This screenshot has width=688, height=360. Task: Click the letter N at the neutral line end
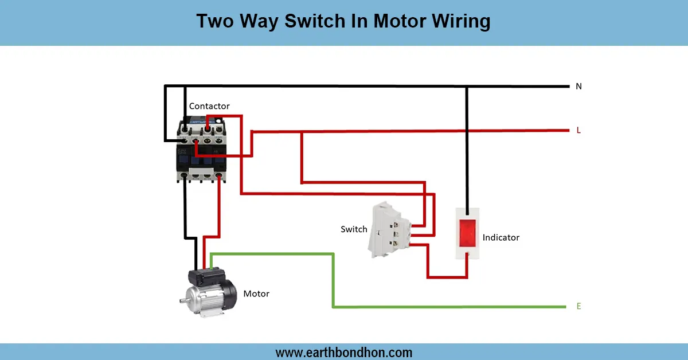[578, 87]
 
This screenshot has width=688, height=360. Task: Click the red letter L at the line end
[578, 130]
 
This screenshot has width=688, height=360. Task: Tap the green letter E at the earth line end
[578, 306]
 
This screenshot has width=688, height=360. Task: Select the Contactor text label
[209, 106]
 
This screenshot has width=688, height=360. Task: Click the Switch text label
[354, 229]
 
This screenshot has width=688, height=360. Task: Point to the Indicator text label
[501, 237]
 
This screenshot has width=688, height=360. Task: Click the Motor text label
[256, 294]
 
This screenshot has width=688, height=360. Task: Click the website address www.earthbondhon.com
[344, 352]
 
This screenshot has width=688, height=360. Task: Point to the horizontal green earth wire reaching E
[459, 307]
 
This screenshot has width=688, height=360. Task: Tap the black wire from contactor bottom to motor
[185, 212]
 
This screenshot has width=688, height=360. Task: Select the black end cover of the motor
[229, 295]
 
